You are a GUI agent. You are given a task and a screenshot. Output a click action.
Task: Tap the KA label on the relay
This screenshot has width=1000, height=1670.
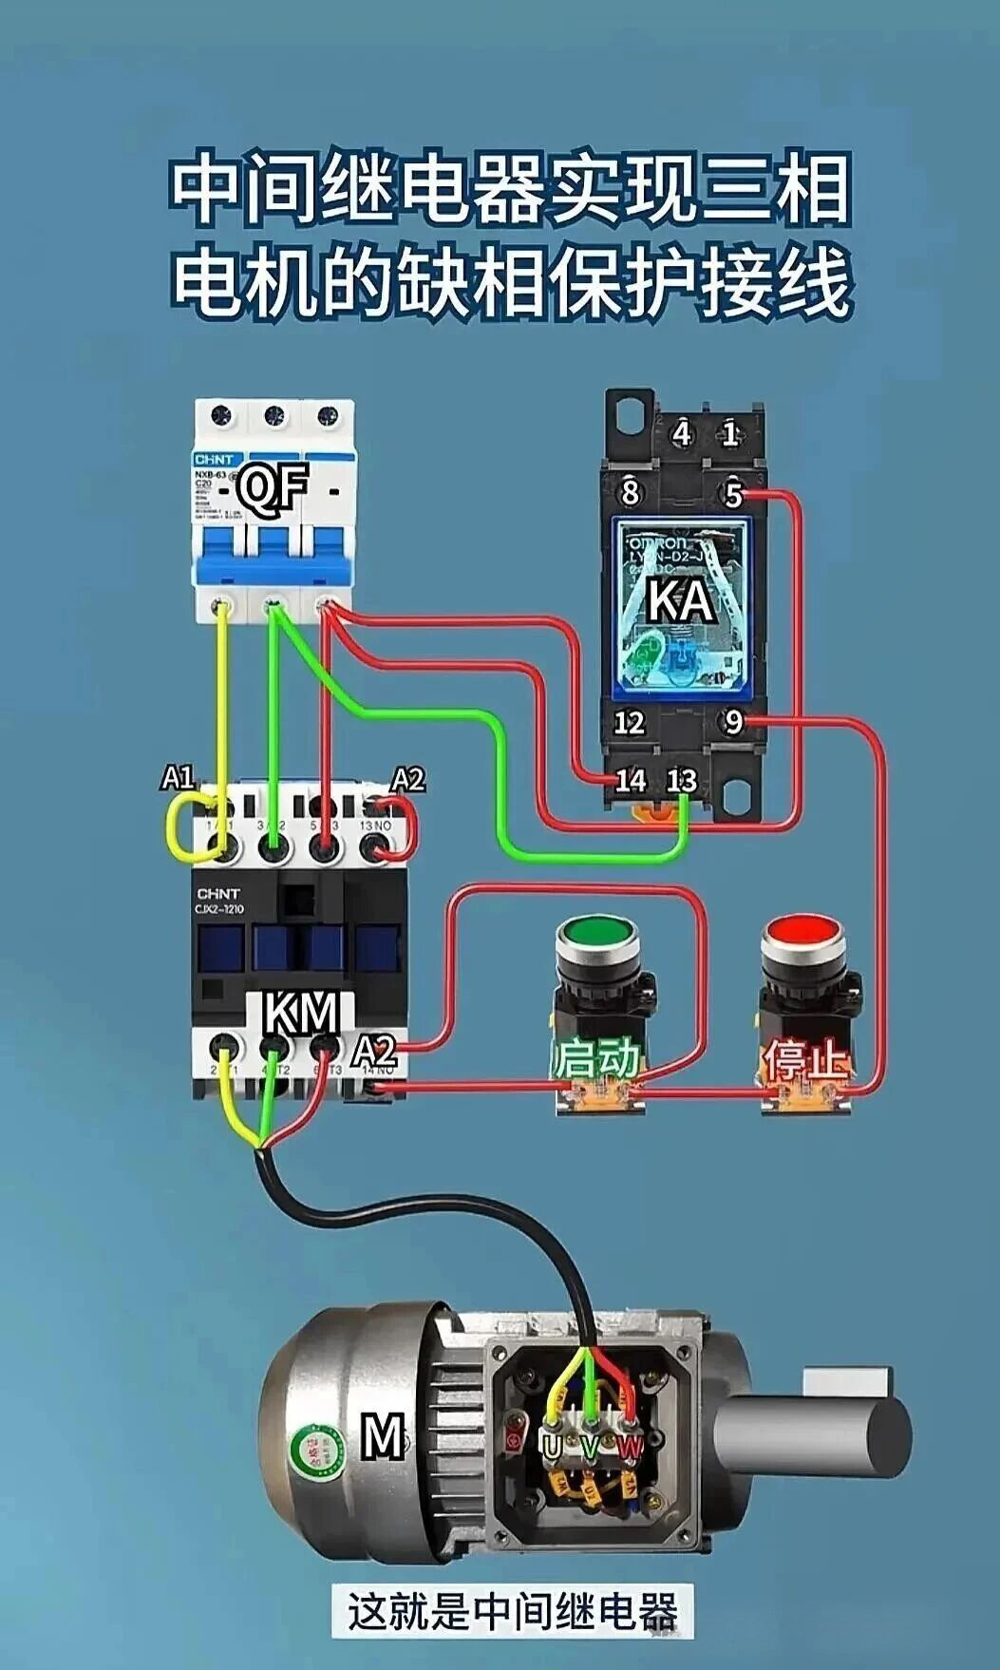[x=681, y=600]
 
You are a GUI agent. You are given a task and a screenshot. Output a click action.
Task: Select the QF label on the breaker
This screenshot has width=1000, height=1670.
[x=273, y=489]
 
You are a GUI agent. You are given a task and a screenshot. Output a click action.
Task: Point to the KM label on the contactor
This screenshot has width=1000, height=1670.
[x=301, y=1014]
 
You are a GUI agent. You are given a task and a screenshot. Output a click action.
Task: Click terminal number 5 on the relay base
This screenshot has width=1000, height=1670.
[x=732, y=494]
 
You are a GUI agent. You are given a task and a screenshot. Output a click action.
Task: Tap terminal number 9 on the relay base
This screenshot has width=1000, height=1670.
[x=732, y=722]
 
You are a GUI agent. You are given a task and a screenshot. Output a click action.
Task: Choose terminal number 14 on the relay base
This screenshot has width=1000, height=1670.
[x=630, y=781]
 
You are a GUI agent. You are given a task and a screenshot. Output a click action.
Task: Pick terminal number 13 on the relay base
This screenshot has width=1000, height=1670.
[x=681, y=781]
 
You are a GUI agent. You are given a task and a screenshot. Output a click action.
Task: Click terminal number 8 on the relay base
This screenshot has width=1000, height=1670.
[x=630, y=493]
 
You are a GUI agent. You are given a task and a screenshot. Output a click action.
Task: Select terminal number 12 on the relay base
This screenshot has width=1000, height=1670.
[x=629, y=723]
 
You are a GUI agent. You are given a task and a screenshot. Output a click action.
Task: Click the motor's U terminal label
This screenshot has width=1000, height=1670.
[x=552, y=1446]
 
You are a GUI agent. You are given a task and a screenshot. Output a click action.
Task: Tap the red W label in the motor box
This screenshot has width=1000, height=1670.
[x=630, y=1447]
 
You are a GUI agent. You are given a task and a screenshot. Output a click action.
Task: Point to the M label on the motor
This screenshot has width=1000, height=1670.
[x=384, y=1435]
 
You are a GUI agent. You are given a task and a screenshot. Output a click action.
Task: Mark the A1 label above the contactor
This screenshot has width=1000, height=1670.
[x=178, y=778]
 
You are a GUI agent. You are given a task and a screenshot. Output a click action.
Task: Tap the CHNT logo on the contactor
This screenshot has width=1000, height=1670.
[x=218, y=893]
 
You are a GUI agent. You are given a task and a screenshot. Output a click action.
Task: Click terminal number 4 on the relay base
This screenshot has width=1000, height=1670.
[x=682, y=434]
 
